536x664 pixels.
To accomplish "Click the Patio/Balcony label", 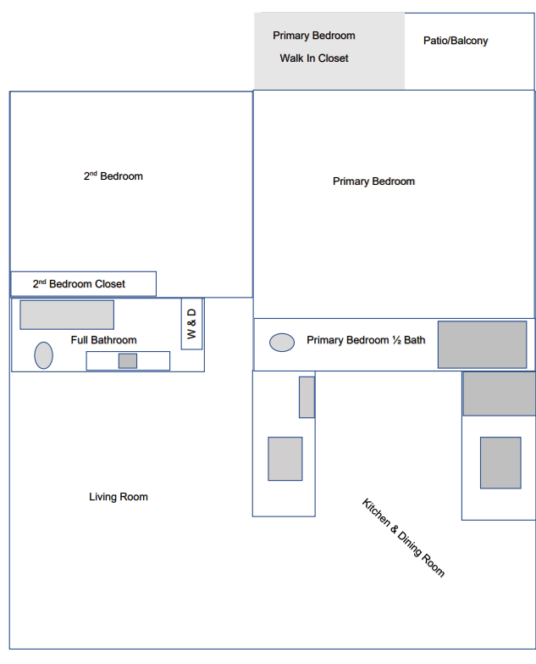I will coord(456,41).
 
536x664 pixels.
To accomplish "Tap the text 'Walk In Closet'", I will coord(314,59).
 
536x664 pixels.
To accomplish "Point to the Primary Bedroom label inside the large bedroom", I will coord(373,181).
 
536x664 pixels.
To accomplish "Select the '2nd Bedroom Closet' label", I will coord(79,284).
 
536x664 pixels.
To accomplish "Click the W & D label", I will coord(191,324).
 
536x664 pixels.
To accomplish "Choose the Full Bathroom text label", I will coord(103,340).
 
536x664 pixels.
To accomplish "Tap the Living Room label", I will coord(119,497).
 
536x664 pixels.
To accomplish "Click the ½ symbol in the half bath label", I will coord(395,340).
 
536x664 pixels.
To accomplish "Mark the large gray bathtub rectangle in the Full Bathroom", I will coord(67,315).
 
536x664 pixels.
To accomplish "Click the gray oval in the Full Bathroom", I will coord(43,355).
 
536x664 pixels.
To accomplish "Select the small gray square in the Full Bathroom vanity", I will coord(128,360).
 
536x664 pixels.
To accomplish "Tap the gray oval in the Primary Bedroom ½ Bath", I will coord(282,343).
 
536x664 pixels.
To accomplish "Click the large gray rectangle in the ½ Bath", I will coord(482,344).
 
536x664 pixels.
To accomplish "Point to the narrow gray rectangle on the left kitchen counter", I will coord(307,397).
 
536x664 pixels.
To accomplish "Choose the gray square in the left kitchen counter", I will coord(285,459).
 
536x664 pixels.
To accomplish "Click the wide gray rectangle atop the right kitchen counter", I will coord(499,393).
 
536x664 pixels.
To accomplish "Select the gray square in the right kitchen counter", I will coord(500,462).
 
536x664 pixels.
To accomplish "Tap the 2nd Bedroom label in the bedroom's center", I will coord(113,176).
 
